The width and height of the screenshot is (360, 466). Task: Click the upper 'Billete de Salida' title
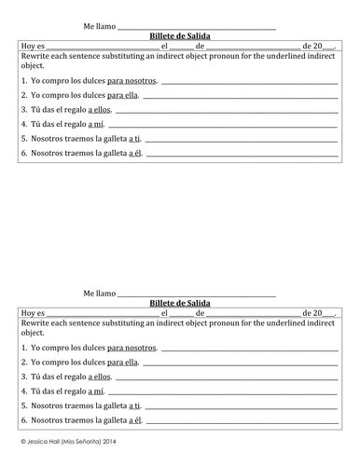(x=180, y=35)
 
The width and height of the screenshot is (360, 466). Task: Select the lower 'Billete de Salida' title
(x=180, y=303)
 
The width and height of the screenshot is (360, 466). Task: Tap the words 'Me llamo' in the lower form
(x=99, y=293)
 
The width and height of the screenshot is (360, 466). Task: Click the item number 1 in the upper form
(x=22, y=81)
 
